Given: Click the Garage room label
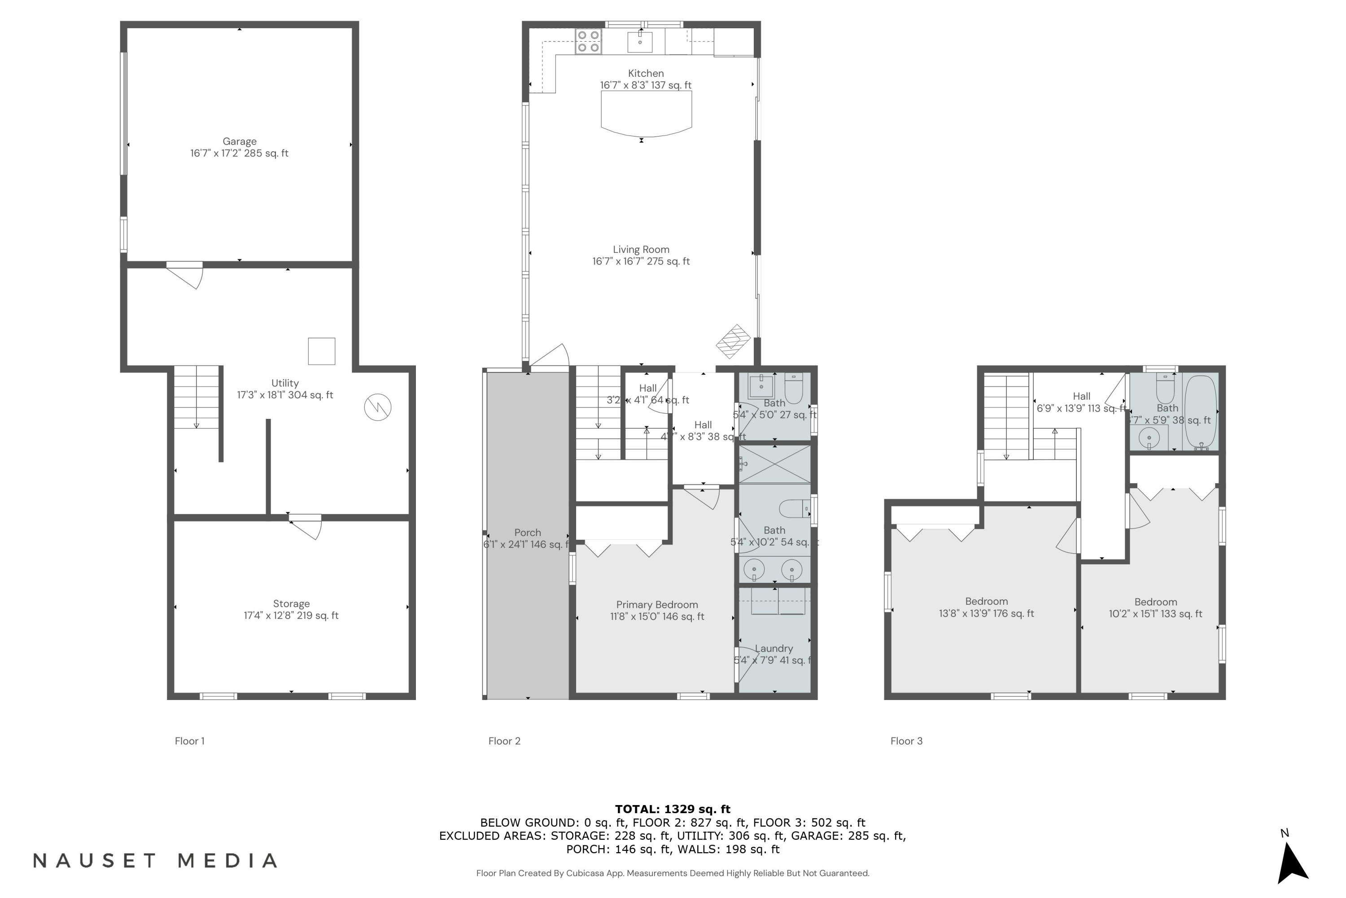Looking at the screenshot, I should pyautogui.click(x=239, y=147).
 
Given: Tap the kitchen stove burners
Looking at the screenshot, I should pyautogui.click(x=588, y=42).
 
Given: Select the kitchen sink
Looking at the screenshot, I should pyautogui.click(x=640, y=41).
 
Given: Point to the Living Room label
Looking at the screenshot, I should pyautogui.click(x=641, y=255).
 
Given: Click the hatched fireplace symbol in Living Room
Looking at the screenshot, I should pyautogui.click(x=733, y=342).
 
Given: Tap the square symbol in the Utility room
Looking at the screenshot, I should pyautogui.click(x=322, y=351).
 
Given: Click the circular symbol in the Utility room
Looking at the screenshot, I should pyautogui.click(x=378, y=407).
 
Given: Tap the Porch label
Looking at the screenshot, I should pyautogui.click(x=527, y=538).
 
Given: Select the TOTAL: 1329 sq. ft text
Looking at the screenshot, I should pyautogui.click(x=673, y=809).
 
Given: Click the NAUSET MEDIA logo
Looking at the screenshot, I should pyautogui.click(x=155, y=861).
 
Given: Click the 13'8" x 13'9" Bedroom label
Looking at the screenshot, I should pyautogui.click(x=986, y=607).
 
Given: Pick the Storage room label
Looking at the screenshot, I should pyautogui.click(x=291, y=609).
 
